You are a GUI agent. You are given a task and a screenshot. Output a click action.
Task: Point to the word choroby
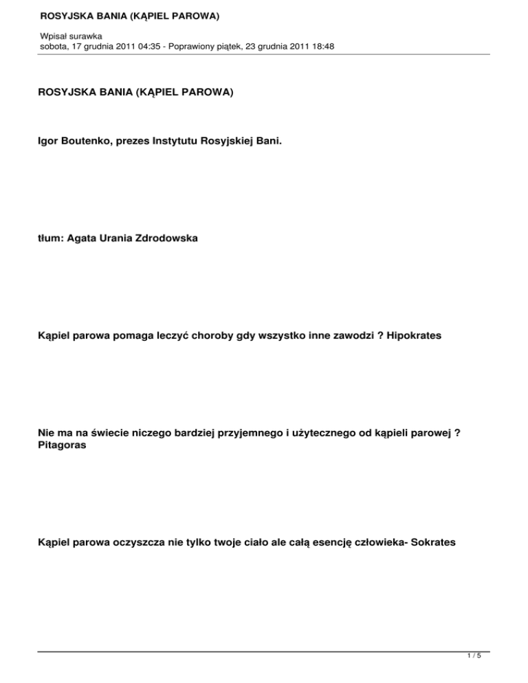tap(196, 336)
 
